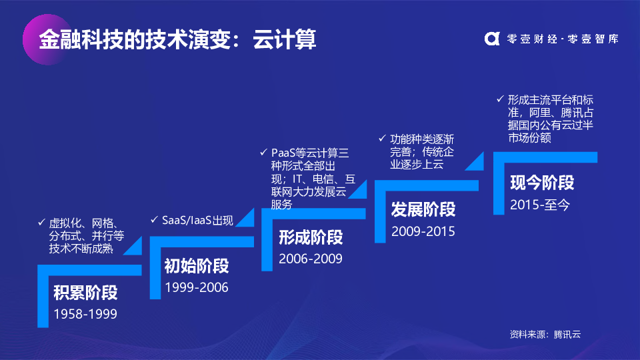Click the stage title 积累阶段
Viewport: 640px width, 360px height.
click(x=85, y=293)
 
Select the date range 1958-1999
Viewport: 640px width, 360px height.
click(x=85, y=314)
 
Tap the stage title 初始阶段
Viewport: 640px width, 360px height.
click(x=196, y=266)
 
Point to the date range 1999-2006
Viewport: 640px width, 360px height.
click(x=196, y=287)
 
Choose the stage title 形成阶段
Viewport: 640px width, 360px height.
click(x=311, y=237)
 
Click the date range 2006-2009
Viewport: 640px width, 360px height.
click(x=311, y=259)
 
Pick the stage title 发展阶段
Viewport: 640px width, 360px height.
click(x=423, y=209)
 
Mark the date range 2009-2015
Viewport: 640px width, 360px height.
click(x=423, y=231)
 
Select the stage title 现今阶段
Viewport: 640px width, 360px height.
click(x=542, y=183)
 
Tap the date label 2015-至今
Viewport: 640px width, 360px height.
click(x=539, y=205)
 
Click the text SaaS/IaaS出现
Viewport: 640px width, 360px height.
click(x=197, y=221)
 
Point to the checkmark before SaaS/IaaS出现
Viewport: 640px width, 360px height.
click(x=154, y=219)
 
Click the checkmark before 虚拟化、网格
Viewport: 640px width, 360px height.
click(x=41, y=223)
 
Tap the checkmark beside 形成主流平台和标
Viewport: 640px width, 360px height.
click(x=500, y=99)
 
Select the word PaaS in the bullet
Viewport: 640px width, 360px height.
click(x=283, y=153)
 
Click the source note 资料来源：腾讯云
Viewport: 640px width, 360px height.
click(x=545, y=334)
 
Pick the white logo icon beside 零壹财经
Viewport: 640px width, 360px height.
click(x=492, y=39)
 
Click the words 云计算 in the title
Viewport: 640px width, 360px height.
click(x=285, y=39)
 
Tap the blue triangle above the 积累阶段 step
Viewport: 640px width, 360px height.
click(x=132, y=246)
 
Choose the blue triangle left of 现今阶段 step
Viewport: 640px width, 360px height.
click(x=474, y=161)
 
